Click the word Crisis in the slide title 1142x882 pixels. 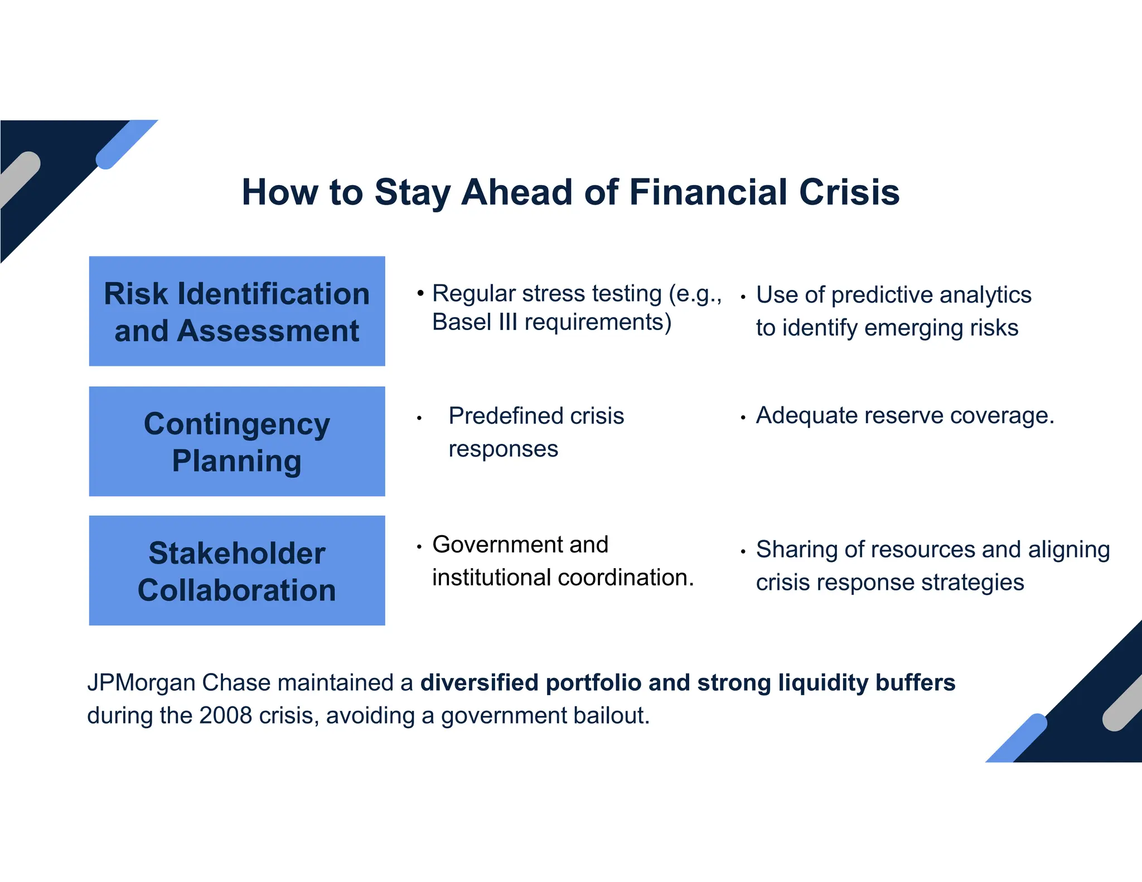(849, 192)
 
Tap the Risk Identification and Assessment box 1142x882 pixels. (237, 311)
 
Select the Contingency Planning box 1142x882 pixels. (237, 441)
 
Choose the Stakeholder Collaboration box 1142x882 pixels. (237, 570)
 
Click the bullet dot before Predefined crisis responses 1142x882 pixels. (419, 418)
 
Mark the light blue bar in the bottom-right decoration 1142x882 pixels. (1016, 738)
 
